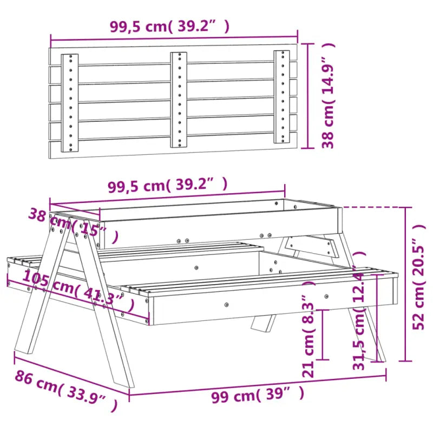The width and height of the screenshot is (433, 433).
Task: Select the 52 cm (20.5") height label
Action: tap(420, 284)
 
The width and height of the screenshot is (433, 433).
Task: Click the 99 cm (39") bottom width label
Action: tap(257, 396)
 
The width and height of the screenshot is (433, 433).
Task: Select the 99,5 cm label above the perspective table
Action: tap(167, 186)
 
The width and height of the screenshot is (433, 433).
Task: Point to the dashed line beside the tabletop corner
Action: tap(373, 207)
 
